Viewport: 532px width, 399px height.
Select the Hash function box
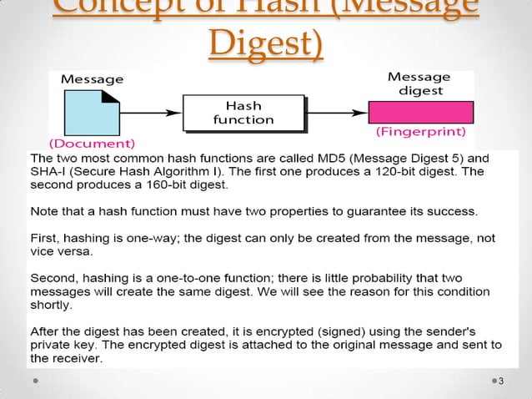(x=242, y=113)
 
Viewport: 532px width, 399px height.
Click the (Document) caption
(x=84, y=143)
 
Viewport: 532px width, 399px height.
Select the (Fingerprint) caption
(x=421, y=131)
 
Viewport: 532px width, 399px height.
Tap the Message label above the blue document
(x=93, y=79)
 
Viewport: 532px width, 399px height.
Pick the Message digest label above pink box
(x=419, y=83)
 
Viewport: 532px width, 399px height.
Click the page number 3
(x=500, y=381)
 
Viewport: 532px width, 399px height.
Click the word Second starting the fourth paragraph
(x=52, y=277)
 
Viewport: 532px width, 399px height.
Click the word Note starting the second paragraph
(x=44, y=210)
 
